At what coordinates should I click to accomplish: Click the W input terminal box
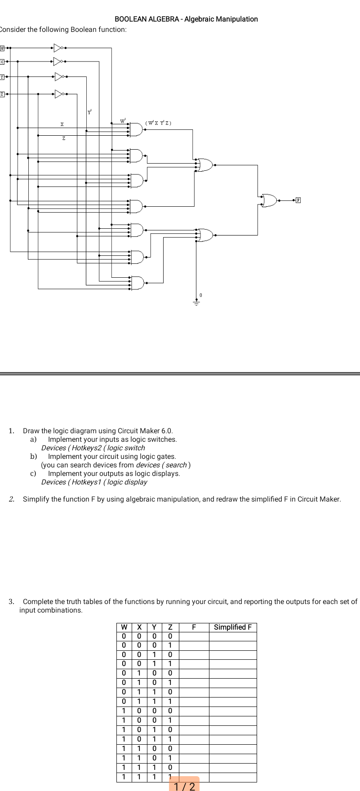pyautogui.click(x=2, y=47)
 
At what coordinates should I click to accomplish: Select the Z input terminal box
pyautogui.click(x=2, y=94)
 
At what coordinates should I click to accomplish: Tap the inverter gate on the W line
pyautogui.click(x=58, y=47)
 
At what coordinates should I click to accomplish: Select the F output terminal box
pyautogui.click(x=298, y=200)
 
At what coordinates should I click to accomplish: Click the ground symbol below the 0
pyautogui.click(x=196, y=302)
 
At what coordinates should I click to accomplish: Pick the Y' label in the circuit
pyautogui.click(x=90, y=112)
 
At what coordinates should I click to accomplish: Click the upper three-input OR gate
pyautogui.click(x=204, y=165)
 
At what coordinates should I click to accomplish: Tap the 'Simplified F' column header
pyautogui.click(x=233, y=627)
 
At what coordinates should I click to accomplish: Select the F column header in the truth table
pyautogui.click(x=194, y=627)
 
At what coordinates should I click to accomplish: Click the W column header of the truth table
pyautogui.click(x=124, y=627)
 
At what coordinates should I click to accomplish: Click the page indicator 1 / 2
pyautogui.click(x=184, y=786)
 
